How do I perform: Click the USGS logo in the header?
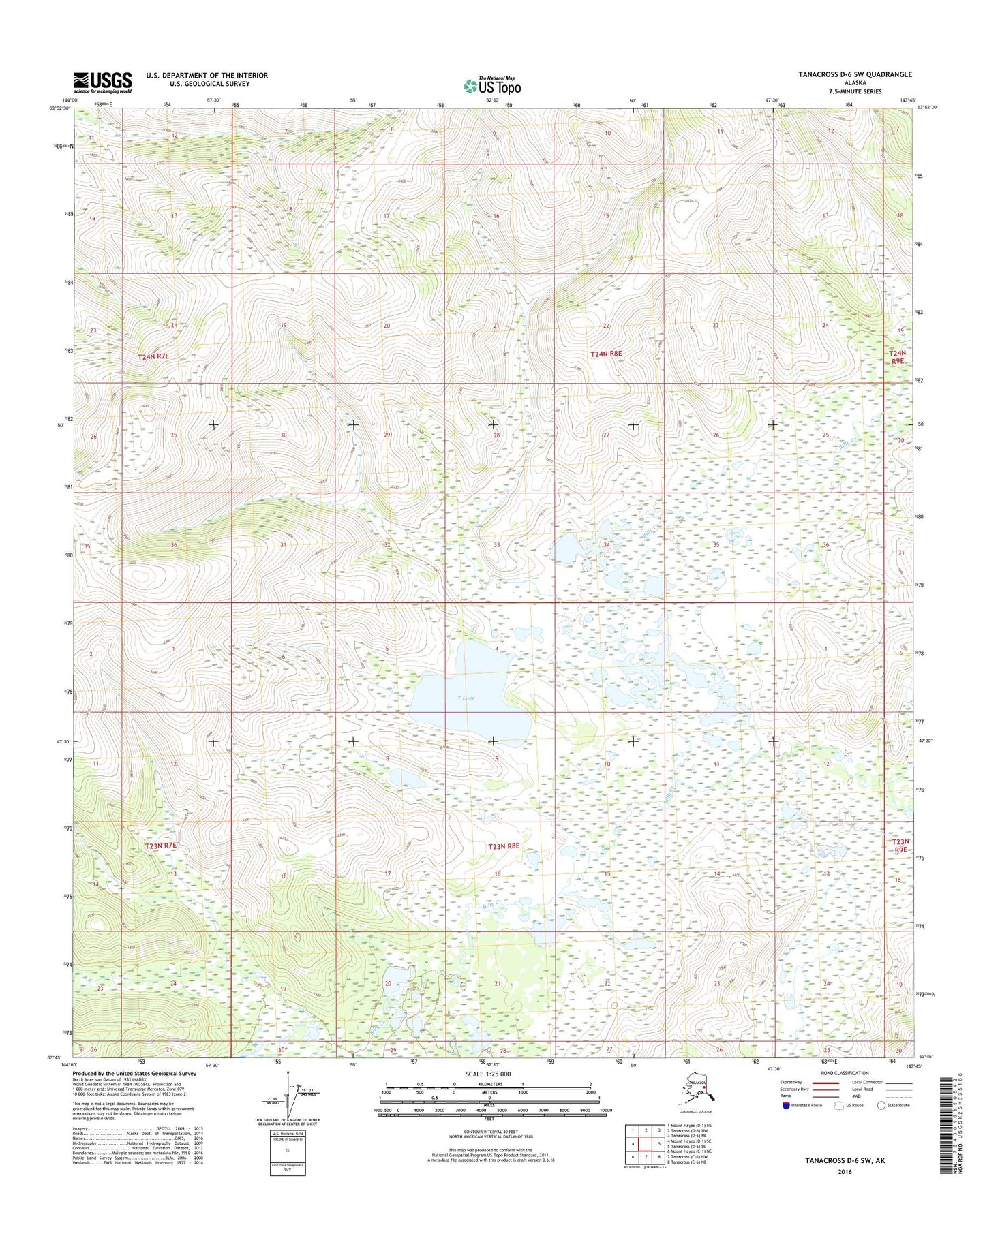(x=102, y=82)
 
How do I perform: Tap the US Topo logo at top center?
(x=492, y=86)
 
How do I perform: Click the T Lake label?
(x=466, y=698)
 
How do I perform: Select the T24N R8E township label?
(x=606, y=354)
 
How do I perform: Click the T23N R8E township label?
(x=504, y=846)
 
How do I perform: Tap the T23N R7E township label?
(x=162, y=846)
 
